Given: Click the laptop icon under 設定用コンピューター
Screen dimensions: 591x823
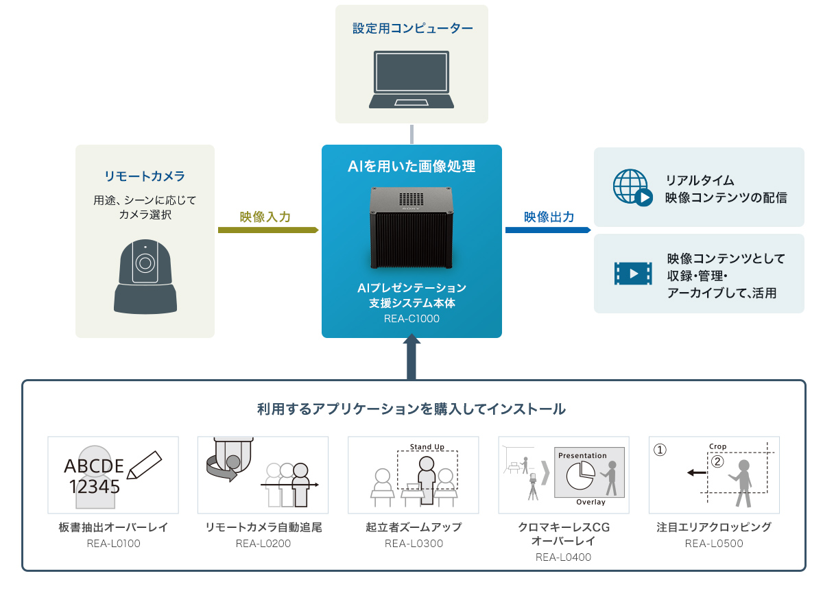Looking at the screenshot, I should (411, 78).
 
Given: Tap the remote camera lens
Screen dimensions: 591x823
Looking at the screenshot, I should (144, 263).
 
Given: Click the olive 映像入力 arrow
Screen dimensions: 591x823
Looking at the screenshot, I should (268, 230).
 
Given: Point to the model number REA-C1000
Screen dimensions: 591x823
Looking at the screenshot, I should (411, 319).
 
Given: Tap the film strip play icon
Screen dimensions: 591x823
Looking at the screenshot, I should (633, 274).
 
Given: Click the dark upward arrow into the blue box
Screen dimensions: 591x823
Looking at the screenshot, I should (411, 357).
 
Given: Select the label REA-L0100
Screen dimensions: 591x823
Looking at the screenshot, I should (113, 544).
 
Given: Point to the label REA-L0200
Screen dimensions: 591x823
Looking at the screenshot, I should (263, 544).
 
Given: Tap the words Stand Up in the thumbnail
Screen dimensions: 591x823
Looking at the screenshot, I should (427, 447).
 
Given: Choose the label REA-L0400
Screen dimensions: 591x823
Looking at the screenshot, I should (563, 557).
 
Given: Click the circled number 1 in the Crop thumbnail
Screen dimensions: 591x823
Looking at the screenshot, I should (659, 450).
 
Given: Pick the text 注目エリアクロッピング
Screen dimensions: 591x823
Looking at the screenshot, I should (713, 527).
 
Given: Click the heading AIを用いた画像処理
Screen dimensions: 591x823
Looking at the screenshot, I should (411, 166).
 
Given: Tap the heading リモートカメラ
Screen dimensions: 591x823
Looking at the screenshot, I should (145, 176).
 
